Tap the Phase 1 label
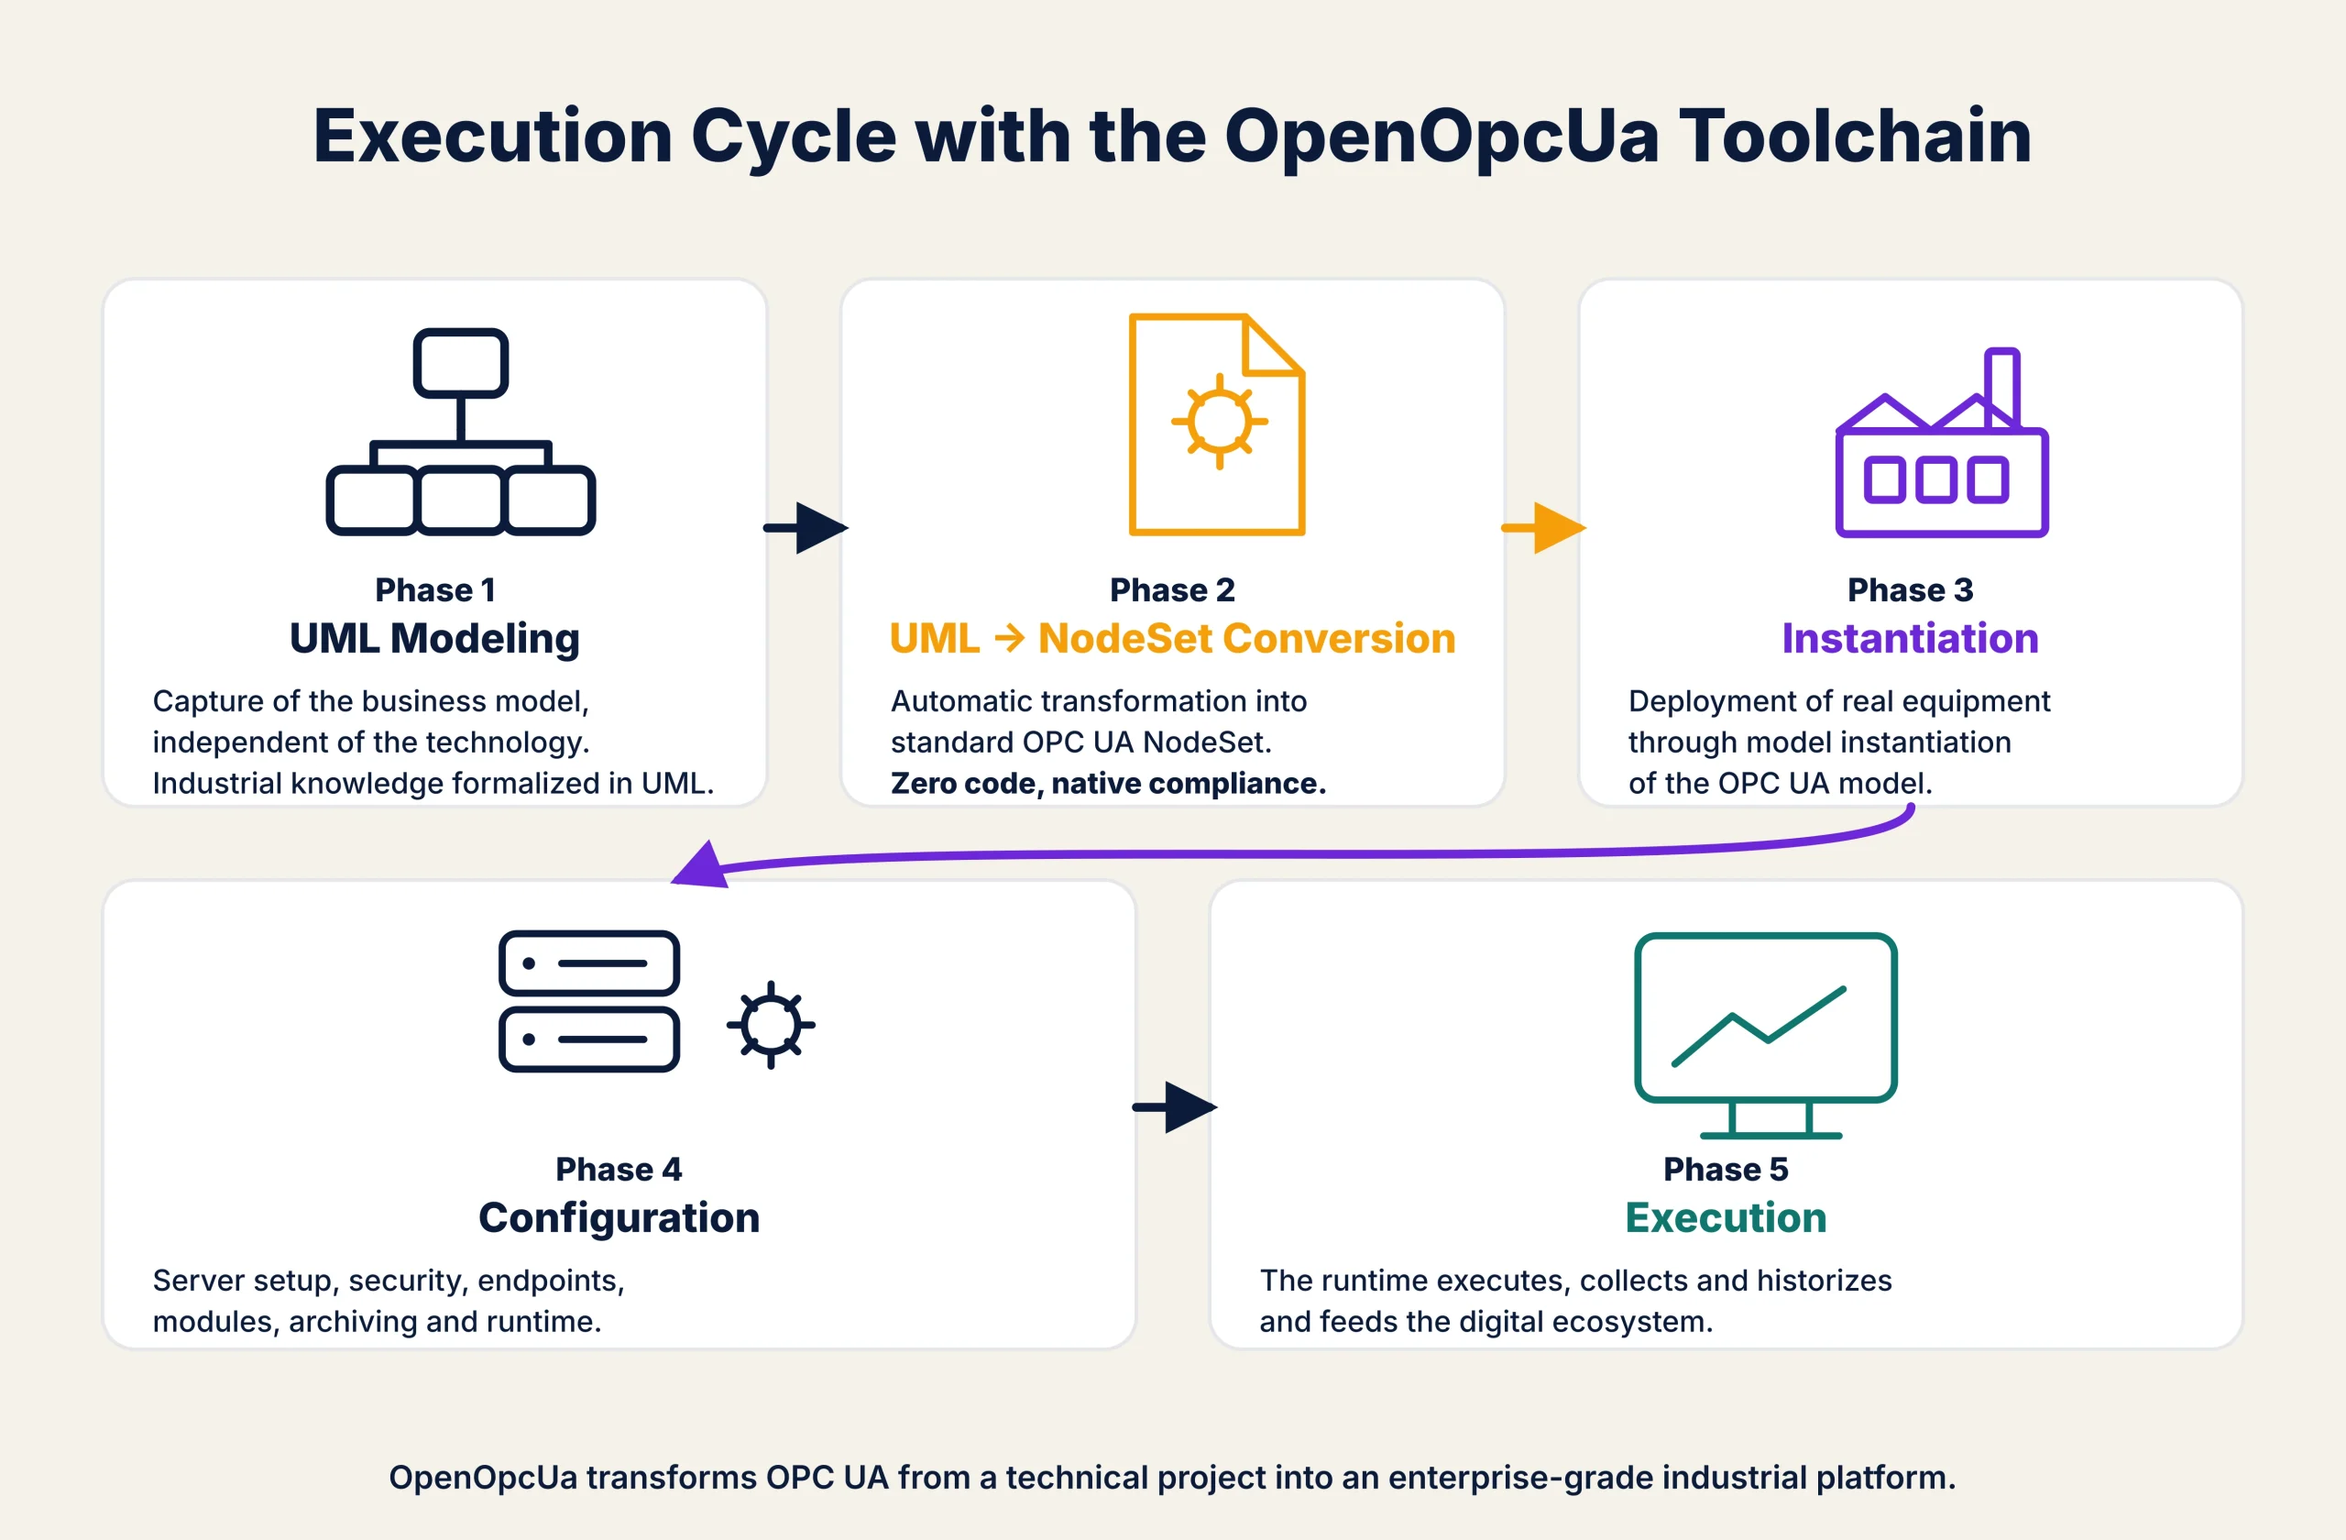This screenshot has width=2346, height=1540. coord(434,589)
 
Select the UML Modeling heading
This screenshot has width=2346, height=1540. coord(434,638)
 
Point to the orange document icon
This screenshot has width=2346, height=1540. coord(1216,423)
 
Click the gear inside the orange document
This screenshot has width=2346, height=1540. coord(1220,421)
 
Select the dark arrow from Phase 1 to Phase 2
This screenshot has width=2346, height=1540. coord(806,527)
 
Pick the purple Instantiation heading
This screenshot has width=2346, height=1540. coord(1909,638)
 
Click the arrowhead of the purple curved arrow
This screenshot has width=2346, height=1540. coord(701,866)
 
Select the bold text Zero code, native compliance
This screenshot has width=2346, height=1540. coord(1108,783)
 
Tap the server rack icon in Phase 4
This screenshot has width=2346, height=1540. coord(589,1001)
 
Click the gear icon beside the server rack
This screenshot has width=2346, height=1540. coord(771,1024)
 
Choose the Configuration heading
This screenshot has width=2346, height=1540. coord(619,1217)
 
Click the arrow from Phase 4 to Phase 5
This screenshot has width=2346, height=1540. coord(1175,1107)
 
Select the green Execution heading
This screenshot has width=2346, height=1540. coord(1725,1217)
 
